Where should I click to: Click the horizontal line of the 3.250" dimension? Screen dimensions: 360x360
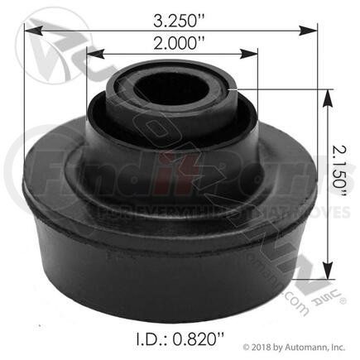point(99,29)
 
